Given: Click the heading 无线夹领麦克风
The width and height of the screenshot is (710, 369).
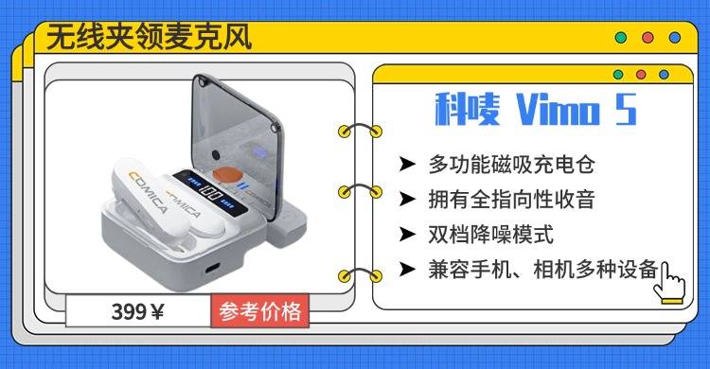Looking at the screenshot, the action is click(149, 37).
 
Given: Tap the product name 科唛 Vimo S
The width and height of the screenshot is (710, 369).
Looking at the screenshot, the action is click(536, 110).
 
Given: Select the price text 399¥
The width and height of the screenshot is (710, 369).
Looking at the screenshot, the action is click(137, 312).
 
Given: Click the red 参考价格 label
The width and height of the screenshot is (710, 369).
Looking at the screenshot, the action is click(260, 311).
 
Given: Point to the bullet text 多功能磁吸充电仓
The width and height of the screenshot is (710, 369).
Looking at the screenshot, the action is click(511, 164).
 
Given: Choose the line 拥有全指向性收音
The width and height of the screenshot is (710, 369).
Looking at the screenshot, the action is click(511, 200).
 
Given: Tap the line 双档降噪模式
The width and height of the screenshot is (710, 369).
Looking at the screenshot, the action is click(490, 235).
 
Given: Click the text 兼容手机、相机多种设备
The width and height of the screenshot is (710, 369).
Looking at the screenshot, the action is click(543, 270).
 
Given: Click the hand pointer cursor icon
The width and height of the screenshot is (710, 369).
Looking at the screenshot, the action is click(669, 282).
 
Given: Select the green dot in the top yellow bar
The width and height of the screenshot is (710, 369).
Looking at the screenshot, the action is click(621, 38).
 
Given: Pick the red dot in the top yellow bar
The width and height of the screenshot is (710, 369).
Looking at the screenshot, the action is click(648, 38).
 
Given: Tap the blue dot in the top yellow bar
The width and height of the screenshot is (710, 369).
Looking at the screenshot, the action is click(675, 38).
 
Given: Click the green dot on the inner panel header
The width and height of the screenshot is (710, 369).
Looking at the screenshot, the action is click(618, 75).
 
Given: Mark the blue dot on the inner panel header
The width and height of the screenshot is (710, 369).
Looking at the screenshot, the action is click(664, 75).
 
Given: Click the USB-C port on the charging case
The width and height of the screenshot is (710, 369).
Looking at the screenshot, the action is click(213, 268).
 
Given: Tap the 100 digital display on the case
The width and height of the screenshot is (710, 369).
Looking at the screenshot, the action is click(210, 194).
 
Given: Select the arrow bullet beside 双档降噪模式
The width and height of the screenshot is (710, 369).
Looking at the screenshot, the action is click(407, 235).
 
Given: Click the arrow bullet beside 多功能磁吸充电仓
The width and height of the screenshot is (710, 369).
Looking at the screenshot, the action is click(407, 164).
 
